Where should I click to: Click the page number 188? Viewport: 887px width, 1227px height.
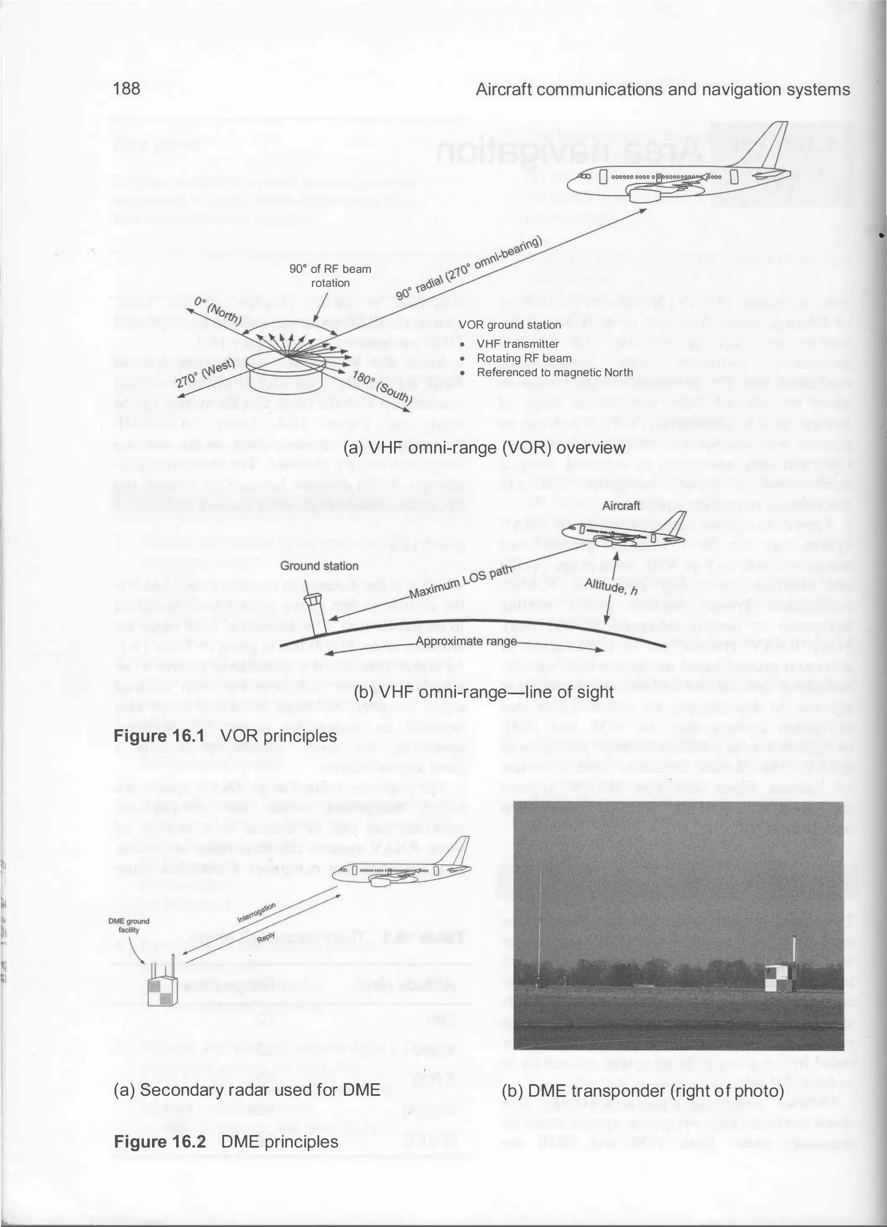(x=126, y=89)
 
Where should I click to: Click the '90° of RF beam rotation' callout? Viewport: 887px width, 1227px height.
(x=330, y=275)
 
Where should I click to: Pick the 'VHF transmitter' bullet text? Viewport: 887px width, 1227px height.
(x=518, y=344)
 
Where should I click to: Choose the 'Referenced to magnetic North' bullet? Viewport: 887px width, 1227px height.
(x=554, y=373)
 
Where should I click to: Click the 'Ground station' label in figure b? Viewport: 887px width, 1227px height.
(x=319, y=566)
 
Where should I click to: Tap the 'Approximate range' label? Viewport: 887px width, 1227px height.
(x=466, y=642)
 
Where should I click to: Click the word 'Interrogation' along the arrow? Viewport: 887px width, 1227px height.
(x=256, y=913)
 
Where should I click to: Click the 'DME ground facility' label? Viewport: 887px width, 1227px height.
(x=129, y=926)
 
